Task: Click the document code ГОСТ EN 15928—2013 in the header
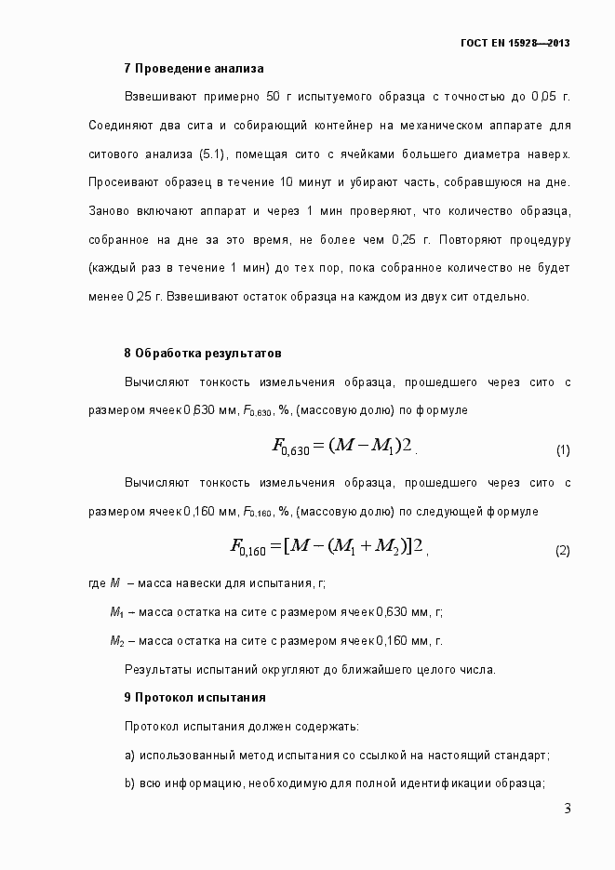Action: pos(515,43)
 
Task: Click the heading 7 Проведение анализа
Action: pos(194,68)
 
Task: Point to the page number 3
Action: pos(567,808)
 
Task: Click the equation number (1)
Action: pos(562,450)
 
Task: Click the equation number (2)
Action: pos(562,551)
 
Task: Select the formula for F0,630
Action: pos(341,447)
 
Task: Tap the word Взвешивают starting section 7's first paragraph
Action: pos(157,96)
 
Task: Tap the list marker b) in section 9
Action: pos(129,783)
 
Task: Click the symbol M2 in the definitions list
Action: pos(116,641)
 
